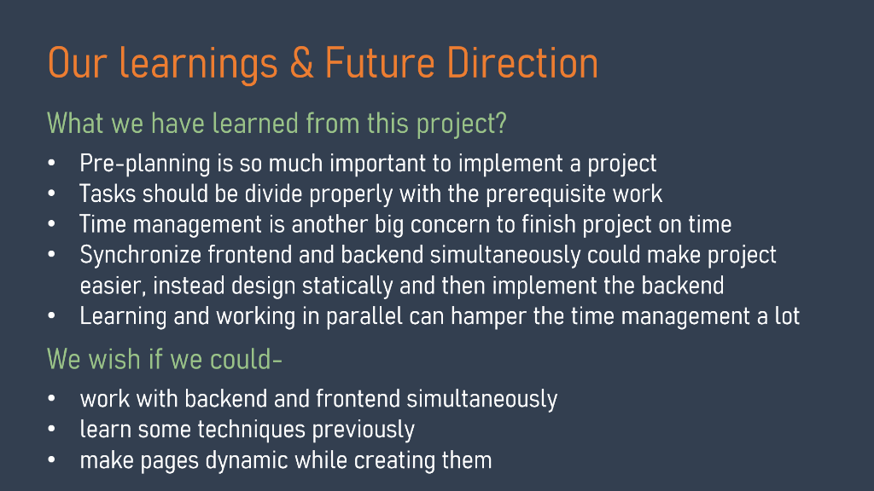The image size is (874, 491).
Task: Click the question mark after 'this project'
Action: pos(502,124)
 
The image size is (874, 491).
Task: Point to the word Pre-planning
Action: pos(137,164)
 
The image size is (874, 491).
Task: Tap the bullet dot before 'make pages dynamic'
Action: pos(52,461)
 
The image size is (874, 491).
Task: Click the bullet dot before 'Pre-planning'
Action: pos(52,164)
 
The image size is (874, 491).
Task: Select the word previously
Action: pos(363,430)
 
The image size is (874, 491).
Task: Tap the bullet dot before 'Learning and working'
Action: pos(52,316)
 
